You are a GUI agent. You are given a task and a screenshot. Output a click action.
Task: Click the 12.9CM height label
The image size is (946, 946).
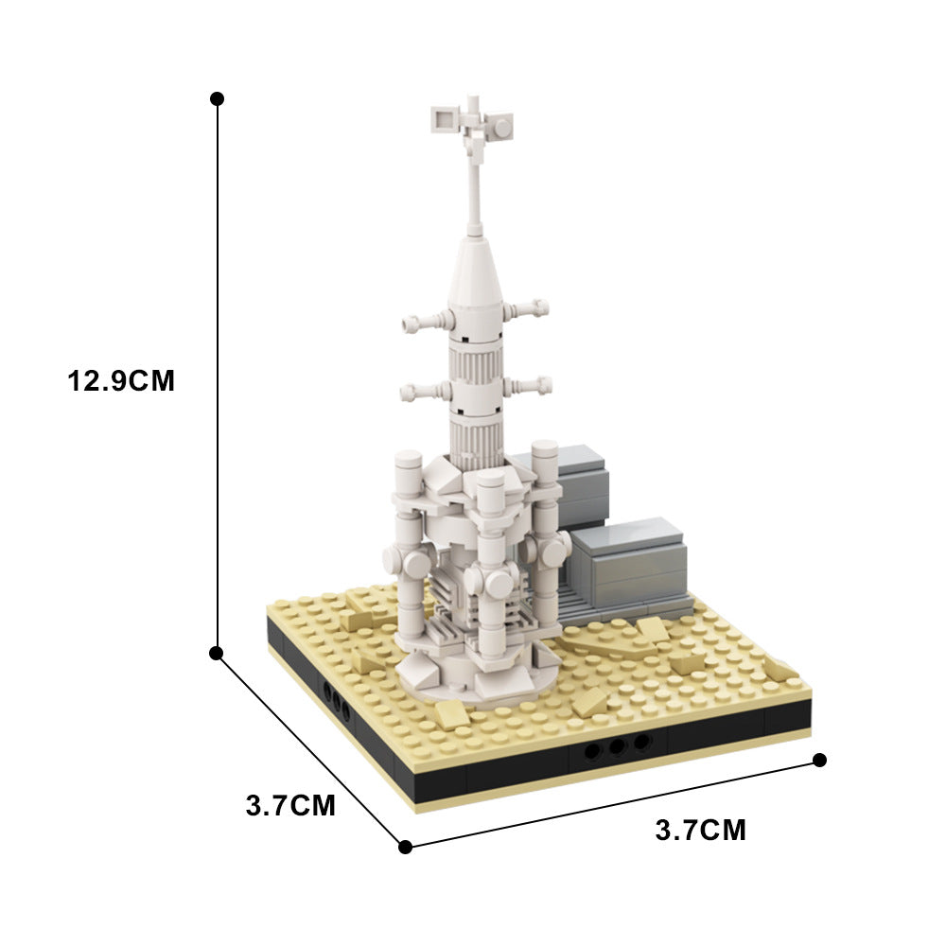[x=121, y=381]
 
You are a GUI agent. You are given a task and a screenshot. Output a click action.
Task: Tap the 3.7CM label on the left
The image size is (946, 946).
[x=290, y=806]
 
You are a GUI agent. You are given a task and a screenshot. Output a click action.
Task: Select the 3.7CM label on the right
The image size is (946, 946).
[x=700, y=831]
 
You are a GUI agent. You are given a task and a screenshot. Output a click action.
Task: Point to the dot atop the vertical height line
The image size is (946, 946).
[x=217, y=98]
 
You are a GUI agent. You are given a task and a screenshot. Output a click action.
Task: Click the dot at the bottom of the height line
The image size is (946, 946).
[x=217, y=653]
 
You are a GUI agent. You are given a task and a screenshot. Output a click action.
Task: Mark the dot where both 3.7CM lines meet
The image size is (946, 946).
[x=405, y=847]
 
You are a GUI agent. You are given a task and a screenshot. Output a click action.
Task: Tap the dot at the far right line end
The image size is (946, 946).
[x=819, y=760]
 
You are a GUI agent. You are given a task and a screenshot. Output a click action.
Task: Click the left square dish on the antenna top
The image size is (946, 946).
[x=443, y=118]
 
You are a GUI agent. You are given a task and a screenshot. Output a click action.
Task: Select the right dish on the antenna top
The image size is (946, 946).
[x=499, y=125]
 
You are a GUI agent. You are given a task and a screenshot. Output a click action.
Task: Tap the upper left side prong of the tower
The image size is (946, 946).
[x=422, y=322]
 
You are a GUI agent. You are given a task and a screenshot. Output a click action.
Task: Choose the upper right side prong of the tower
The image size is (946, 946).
[x=527, y=308]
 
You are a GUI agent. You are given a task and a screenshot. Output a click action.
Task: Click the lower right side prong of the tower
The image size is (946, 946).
[x=528, y=384]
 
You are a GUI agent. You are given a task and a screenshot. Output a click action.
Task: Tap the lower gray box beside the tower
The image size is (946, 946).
[x=629, y=558]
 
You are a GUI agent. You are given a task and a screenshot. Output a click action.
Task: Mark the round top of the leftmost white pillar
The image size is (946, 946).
[x=408, y=461]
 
